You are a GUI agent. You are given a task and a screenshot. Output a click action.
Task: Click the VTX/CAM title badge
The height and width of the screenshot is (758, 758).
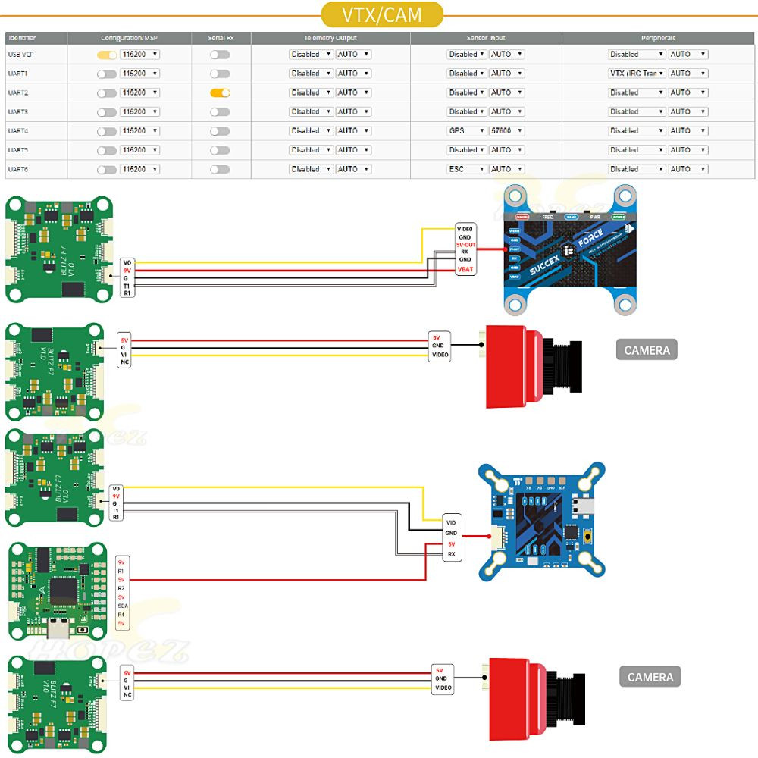point(381,14)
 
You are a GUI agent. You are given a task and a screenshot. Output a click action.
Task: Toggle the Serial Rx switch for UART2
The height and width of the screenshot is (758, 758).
point(220,92)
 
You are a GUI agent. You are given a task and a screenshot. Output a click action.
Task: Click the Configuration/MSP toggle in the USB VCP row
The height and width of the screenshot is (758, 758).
point(107,55)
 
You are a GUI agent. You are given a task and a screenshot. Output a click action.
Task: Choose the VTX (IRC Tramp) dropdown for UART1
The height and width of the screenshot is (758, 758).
point(637,74)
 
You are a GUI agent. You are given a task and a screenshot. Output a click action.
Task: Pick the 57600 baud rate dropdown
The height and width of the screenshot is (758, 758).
point(506,131)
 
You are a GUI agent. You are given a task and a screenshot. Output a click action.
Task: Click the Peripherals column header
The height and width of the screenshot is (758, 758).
point(657,38)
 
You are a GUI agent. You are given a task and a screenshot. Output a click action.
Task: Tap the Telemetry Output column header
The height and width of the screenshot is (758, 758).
point(330,38)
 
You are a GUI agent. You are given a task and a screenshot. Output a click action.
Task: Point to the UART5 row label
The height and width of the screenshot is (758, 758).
point(18,150)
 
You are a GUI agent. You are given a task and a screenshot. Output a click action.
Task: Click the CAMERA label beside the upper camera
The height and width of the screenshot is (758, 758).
point(647,350)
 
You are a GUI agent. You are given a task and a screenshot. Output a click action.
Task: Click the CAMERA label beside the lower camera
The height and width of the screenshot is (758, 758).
point(650,677)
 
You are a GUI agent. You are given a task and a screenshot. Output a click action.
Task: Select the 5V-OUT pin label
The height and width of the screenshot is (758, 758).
point(465,244)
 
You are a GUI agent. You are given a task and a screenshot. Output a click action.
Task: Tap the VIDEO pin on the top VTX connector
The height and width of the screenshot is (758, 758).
point(465,228)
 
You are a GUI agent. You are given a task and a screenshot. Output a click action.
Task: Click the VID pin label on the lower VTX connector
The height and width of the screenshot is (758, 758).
point(451,523)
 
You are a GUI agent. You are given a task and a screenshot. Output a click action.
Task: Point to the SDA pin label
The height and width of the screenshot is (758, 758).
point(122,606)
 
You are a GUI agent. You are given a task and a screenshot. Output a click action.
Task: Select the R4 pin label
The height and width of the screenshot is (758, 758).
point(121,615)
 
